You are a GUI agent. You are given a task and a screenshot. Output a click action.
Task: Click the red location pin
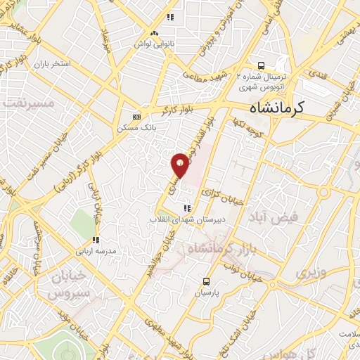(180, 165)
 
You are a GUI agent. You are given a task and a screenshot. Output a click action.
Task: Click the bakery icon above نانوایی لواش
(153, 33)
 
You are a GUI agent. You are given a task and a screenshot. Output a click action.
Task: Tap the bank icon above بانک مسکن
(136, 116)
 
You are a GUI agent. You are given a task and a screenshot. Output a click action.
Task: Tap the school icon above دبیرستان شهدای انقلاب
(186, 208)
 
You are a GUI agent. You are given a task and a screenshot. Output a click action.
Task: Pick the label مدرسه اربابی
(100, 250)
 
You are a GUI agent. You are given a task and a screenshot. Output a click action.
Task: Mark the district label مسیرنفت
(30, 103)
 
